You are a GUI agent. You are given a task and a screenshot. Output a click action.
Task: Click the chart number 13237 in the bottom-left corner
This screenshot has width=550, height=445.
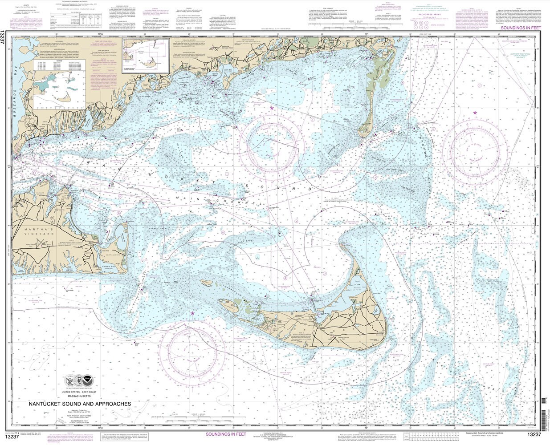[x=9, y=437]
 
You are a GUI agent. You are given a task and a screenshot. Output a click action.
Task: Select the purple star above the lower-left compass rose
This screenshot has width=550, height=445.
[x=192, y=313]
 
